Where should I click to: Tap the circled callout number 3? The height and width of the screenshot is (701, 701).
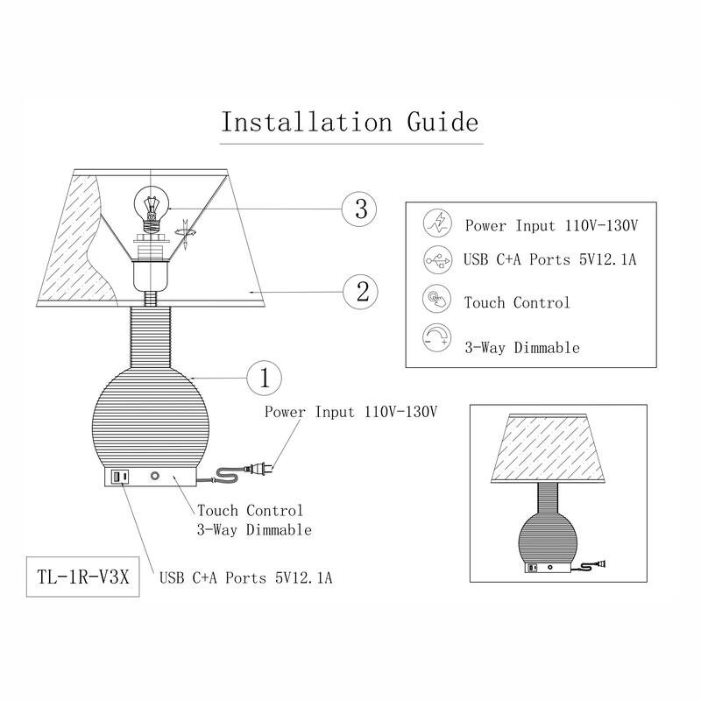tap(360, 209)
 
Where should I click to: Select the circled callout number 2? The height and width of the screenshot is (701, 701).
tap(360, 290)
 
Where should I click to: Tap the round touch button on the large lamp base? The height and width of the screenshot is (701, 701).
tap(155, 478)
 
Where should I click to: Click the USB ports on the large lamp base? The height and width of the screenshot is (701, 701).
tap(118, 478)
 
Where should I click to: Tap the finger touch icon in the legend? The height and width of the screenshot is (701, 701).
tap(435, 300)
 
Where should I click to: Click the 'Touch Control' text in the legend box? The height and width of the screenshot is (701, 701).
tap(517, 303)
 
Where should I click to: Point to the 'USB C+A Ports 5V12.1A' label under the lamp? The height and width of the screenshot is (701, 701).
tap(245, 578)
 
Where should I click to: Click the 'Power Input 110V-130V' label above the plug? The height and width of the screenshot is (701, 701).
tap(350, 411)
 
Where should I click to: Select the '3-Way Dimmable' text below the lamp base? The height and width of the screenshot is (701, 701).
tap(254, 530)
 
